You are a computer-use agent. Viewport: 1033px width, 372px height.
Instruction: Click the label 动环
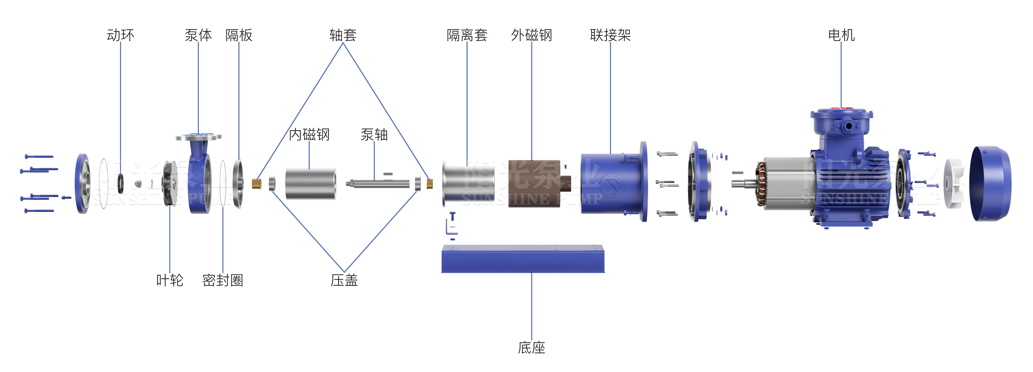point(120,35)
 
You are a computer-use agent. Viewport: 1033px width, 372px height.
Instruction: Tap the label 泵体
point(198,35)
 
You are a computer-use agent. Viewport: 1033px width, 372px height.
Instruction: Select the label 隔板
point(239,35)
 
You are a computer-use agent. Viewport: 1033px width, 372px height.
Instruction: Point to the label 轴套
point(343,35)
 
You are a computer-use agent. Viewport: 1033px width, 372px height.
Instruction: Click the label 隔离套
point(467,35)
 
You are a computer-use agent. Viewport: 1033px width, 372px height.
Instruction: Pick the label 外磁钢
point(531,35)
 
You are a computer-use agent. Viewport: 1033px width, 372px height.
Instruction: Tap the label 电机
point(841,35)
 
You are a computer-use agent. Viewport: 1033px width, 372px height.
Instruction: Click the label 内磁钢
point(309,135)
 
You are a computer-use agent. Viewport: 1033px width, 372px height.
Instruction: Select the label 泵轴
point(374,135)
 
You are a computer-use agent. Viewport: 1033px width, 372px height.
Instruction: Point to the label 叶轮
point(170,280)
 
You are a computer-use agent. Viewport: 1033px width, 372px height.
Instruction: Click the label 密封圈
point(223,280)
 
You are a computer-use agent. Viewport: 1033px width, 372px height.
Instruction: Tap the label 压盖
point(344,280)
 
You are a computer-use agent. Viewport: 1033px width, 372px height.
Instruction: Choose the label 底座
point(531,347)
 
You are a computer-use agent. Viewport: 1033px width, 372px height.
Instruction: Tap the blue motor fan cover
point(991,184)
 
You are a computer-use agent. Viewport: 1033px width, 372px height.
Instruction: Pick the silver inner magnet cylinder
point(310,184)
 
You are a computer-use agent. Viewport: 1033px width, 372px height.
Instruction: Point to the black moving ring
point(120,184)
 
